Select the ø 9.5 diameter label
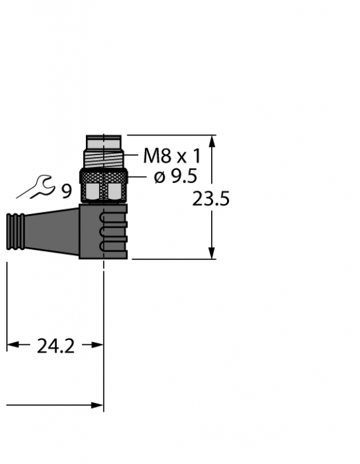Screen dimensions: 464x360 176,176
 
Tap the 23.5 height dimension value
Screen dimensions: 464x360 211,200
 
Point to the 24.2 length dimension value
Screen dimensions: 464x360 55,346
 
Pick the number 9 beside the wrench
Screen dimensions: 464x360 67,191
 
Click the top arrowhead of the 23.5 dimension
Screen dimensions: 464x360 212,141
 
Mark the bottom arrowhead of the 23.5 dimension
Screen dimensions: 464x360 212,254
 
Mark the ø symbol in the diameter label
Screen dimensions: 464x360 159,177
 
